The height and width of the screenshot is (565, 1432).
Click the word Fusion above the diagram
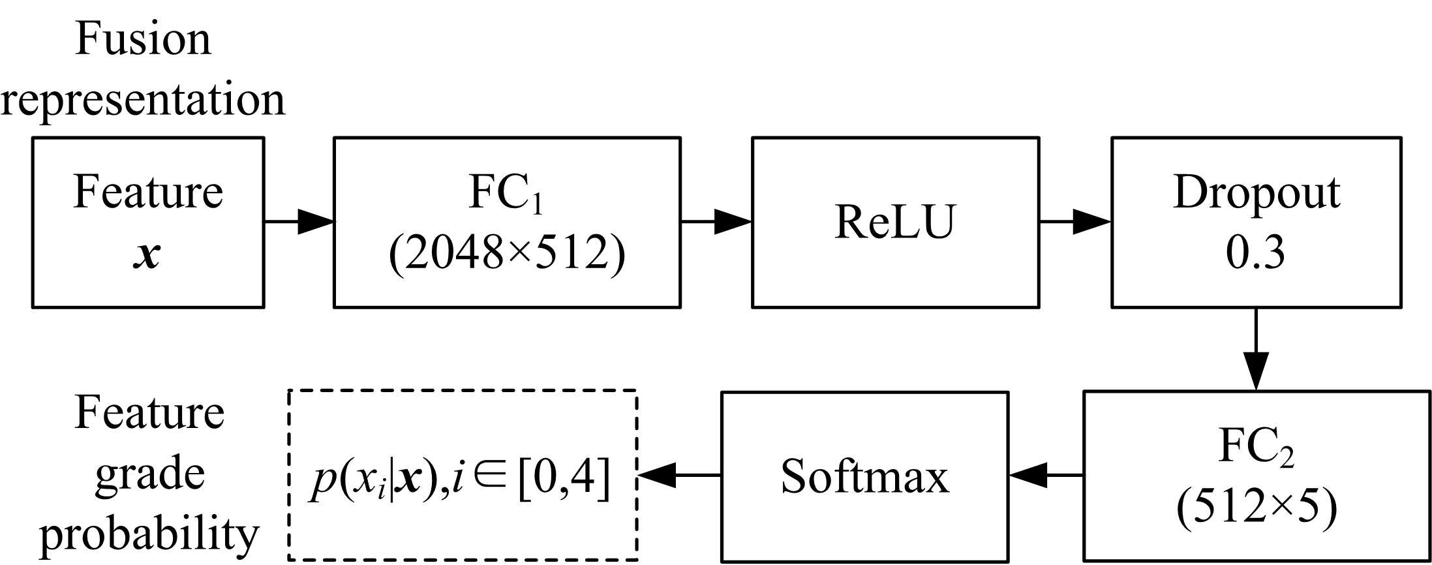[144, 38]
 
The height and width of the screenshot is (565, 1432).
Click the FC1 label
[506, 193]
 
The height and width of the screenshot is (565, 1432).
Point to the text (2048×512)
[507, 253]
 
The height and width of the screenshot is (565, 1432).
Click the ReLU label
[895, 222]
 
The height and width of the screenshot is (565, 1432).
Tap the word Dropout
[1256, 192]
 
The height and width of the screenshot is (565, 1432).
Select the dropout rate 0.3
[1255, 253]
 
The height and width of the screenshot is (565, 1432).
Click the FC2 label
[1256, 448]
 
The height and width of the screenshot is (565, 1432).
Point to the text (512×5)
[1257, 507]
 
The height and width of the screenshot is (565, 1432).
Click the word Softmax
[864, 477]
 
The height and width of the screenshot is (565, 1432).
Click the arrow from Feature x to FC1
[299, 222]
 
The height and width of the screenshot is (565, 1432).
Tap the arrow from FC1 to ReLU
[716, 222]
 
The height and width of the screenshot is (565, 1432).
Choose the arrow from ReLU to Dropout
[1075, 222]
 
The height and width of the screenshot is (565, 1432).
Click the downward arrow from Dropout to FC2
[1256, 349]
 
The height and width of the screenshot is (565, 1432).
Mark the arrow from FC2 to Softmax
[1046, 476]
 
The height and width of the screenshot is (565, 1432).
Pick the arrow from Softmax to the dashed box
[678, 476]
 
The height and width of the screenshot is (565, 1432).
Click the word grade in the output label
[150, 473]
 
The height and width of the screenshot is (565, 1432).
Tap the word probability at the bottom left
[150, 534]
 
